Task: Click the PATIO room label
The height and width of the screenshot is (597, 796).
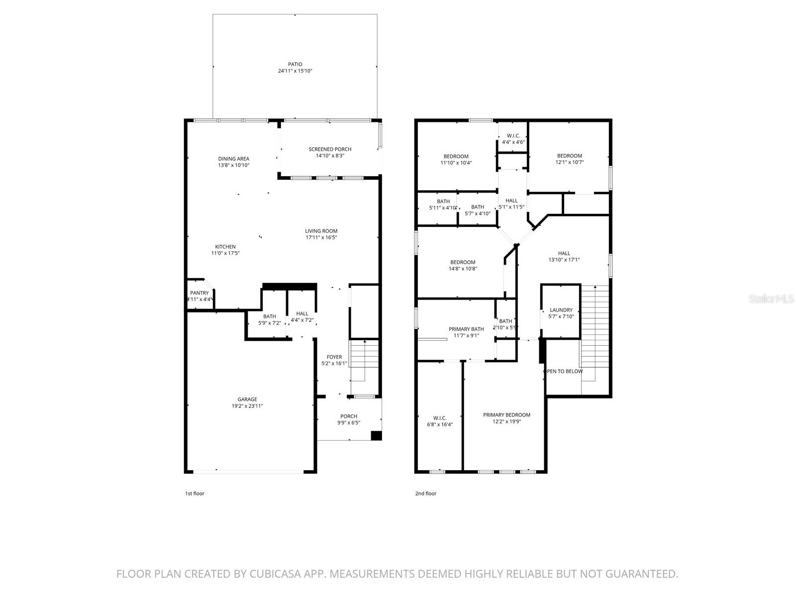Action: coord(295,64)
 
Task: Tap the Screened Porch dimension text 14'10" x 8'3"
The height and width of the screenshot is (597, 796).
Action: coord(330,156)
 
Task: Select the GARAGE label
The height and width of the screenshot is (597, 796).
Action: coord(247,399)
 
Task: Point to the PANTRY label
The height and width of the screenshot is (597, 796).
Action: coord(199,293)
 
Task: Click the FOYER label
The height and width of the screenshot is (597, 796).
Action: coord(334,357)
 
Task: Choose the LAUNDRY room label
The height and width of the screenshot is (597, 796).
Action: coord(561,310)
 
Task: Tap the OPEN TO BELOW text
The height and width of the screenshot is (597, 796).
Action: coord(563,371)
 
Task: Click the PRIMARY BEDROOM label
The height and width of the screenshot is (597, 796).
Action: coord(506,414)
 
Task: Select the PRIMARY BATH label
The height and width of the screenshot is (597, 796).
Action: coord(466,329)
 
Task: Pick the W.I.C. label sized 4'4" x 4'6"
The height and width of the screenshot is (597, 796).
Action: coord(513,136)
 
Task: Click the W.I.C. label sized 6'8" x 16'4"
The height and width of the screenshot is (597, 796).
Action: coord(440,418)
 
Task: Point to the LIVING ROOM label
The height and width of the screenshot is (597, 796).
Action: coord(321,231)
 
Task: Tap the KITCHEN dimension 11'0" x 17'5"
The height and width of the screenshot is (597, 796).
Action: coord(225,253)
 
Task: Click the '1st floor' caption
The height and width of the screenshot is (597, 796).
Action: coord(195,494)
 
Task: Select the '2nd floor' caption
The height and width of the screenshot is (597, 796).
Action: coord(426,494)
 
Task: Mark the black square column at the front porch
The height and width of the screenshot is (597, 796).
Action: coord(377,435)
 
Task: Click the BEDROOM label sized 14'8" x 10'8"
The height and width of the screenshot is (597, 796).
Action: coord(463,262)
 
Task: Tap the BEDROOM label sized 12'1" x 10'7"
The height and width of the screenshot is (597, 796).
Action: coord(569,156)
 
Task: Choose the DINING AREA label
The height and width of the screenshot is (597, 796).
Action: coord(233,159)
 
